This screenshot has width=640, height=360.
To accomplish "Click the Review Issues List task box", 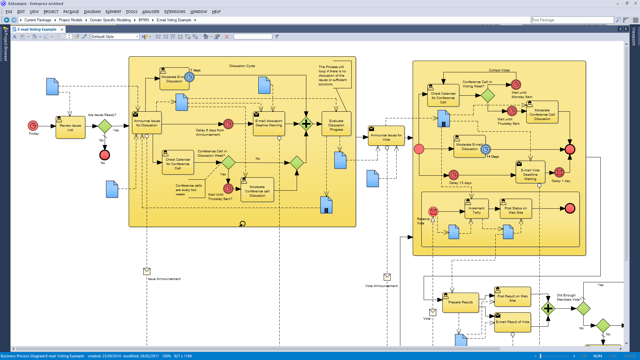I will [x=70, y=128].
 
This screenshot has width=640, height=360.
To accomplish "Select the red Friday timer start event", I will [x=33, y=126].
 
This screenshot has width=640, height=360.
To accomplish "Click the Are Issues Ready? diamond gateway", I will [x=105, y=126].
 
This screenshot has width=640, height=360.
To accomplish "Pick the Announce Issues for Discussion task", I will [x=147, y=123].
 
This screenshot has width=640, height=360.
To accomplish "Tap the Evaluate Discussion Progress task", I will [x=336, y=125].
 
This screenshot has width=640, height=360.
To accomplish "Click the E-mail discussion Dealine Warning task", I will [x=269, y=123].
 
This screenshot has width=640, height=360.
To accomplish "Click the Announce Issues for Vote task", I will [x=386, y=137].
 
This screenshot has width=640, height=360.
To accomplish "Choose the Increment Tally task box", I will [x=477, y=210].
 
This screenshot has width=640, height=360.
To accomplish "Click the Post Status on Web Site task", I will [x=516, y=210].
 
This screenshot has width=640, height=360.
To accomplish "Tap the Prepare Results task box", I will [x=460, y=303].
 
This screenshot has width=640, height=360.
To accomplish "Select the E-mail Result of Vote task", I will [x=512, y=323].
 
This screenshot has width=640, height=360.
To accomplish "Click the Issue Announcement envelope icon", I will [x=147, y=271].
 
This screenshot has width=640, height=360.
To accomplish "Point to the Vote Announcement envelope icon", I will [x=387, y=277].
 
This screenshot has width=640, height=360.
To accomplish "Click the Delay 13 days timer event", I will [x=454, y=175].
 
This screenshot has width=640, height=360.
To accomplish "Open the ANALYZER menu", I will [x=151, y=12].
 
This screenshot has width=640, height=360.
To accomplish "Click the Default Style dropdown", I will [x=115, y=37].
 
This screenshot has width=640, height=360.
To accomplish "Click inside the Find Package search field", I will [x=572, y=20].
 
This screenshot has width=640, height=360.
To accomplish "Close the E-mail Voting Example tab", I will [x=62, y=29].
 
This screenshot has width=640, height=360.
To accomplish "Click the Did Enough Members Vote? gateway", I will [x=583, y=309].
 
